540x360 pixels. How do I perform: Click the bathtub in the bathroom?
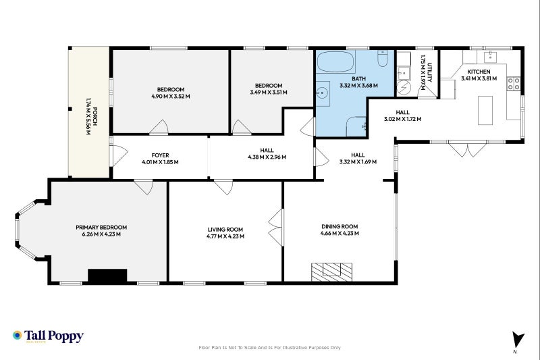pos(335,63)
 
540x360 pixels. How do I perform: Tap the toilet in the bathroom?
pos(382,61)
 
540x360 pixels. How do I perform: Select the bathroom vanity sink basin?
pos(323,92)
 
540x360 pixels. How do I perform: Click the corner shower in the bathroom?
pos(355,126)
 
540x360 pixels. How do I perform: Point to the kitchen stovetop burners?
pos(513,84)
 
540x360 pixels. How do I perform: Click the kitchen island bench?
pos(486,110)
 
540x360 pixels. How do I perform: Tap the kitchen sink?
pos(490,57)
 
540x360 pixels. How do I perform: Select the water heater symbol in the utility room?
pos(404,88)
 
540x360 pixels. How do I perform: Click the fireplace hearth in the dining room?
pos(331,271)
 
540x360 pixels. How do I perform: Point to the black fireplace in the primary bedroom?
pos(107,275)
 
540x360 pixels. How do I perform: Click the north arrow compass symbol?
pos(518,340)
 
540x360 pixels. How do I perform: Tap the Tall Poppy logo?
pos(48,336)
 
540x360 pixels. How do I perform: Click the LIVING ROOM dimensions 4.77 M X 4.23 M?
pos(225,237)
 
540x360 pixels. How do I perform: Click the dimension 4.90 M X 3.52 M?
pos(171,97)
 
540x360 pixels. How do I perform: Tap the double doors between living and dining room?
pos(275,230)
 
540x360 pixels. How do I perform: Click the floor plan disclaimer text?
pos(269,348)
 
